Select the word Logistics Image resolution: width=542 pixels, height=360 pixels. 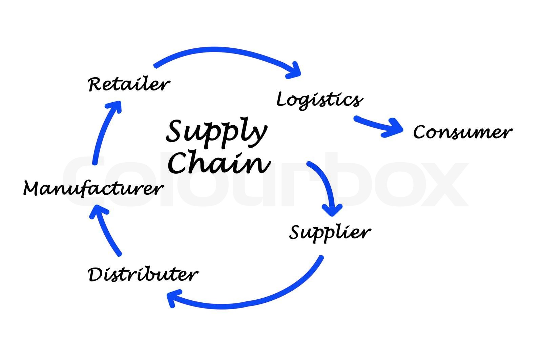319,100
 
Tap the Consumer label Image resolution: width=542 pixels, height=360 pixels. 462,132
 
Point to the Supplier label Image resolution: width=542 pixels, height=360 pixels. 330,233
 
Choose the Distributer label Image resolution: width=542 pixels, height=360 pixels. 143,274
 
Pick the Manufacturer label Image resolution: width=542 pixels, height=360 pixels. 93,188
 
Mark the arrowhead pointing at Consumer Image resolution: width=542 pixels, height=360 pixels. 395,128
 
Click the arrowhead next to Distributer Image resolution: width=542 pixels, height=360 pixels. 173,298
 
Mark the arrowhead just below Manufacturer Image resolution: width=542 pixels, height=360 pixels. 98,212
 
